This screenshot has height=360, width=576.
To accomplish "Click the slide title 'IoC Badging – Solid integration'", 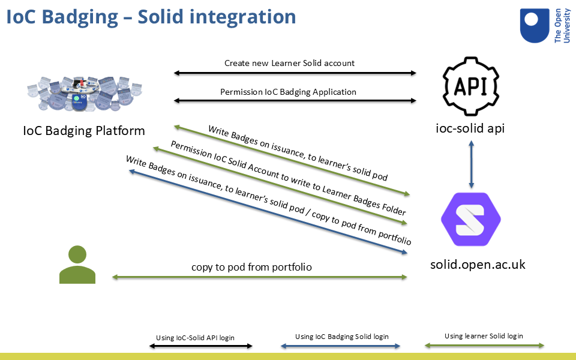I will tap(151, 16).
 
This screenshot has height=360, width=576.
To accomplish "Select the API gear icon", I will tap(471, 85).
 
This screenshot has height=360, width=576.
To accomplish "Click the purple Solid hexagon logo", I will tap(471, 219).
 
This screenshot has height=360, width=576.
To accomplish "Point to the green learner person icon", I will tap(77, 265).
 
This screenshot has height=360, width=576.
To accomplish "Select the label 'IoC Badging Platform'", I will tap(83, 130).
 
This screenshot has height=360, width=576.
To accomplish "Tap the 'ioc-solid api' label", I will tap(471, 127).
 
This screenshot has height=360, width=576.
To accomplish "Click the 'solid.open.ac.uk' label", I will tap(478, 264).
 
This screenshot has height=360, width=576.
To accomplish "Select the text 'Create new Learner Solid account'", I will tap(289, 63).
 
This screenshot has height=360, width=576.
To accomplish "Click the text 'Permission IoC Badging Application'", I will tap(288, 92).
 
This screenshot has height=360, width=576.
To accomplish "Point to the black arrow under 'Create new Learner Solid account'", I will tap(295, 73).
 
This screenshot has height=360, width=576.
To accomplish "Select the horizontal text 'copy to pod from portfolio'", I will tap(251, 267).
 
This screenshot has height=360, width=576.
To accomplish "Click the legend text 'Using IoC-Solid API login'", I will tap(195, 338).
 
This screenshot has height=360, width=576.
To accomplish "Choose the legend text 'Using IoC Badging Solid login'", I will tap(342, 337).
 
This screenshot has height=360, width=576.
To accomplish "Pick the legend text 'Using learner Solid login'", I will tap(484, 336).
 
